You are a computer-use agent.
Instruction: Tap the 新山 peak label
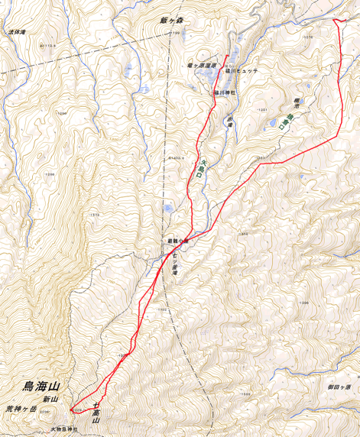tap(50, 400)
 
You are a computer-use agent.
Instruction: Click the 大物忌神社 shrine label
tap(65, 429)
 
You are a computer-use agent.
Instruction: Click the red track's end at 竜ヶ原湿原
tap(227, 56)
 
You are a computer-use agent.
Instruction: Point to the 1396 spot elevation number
tap(303, 303)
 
